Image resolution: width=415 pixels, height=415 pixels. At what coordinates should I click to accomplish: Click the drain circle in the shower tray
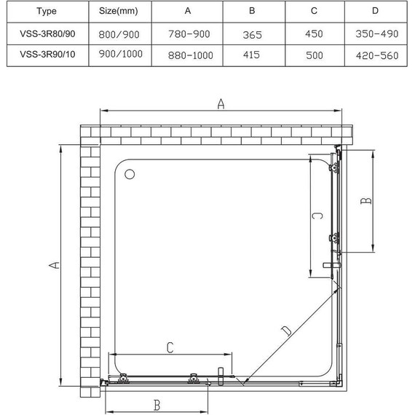(130, 175)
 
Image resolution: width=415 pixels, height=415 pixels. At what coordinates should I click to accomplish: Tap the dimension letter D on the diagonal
(286, 331)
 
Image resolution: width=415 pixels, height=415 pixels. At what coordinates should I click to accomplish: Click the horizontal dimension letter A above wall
(221, 105)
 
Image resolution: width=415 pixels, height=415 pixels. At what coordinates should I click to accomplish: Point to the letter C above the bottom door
(169, 348)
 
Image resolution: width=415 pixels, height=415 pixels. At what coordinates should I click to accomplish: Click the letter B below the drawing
(157, 403)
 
